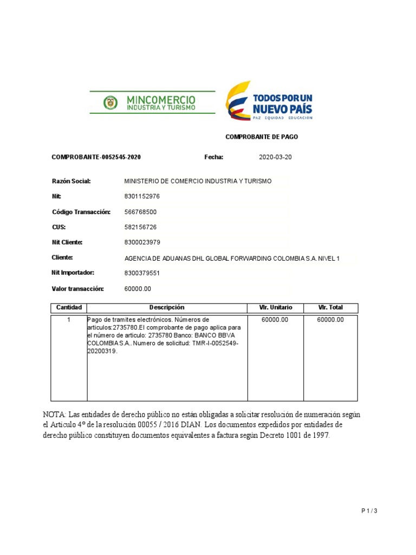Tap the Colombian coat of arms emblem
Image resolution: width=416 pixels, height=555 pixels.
pyautogui.click(x=110, y=102)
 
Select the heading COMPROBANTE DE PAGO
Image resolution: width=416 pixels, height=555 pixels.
pyautogui.click(x=261, y=137)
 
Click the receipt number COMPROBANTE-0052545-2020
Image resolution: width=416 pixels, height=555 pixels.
pyautogui.click(x=96, y=157)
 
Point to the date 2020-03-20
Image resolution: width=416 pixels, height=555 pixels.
pyautogui.click(x=275, y=157)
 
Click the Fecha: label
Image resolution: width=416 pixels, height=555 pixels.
pyautogui.click(x=213, y=157)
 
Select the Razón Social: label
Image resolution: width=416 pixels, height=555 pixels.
pyautogui.click(x=71, y=181)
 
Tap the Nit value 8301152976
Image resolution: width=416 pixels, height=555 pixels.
pyautogui.click(x=142, y=196)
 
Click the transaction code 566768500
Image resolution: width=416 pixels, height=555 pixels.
pyautogui.click(x=140, y=212)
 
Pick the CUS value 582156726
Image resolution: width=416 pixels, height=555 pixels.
pyautogui.click(x=140, y=227)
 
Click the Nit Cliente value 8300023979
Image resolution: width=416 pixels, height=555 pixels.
pyautogui.click(x=142, y=242)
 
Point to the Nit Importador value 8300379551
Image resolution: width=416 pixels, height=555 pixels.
pyautogui.click(x=142, y=273)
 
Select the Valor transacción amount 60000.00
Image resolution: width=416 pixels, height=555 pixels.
pyautogui.click(x=138, y=289)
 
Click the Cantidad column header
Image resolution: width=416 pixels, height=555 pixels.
pyautogui.click(x=69, y=308)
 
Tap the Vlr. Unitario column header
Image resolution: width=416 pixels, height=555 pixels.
pyautogui.click(x=276, y=308)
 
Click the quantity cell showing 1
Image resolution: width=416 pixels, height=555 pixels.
pyautogui.click(x=69, y=320)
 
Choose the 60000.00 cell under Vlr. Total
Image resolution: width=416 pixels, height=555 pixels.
pyautogui.click(x=330, y=320)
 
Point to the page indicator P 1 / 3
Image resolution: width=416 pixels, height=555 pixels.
pyautogui.click(x=369, y=511)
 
